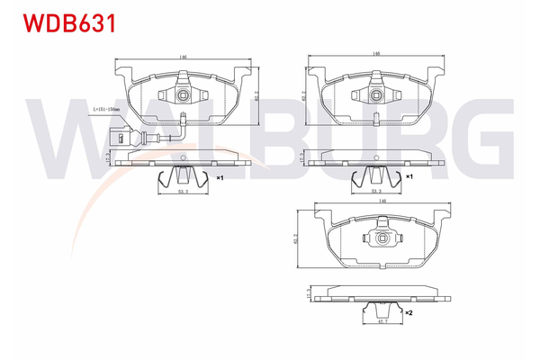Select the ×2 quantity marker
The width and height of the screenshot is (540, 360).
409,312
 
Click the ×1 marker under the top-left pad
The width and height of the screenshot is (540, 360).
219,178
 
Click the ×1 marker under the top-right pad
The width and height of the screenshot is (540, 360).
409,177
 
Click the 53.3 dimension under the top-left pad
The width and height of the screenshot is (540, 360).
183,192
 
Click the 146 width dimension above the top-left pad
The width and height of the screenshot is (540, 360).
183,58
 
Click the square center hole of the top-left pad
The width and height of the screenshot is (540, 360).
182,94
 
